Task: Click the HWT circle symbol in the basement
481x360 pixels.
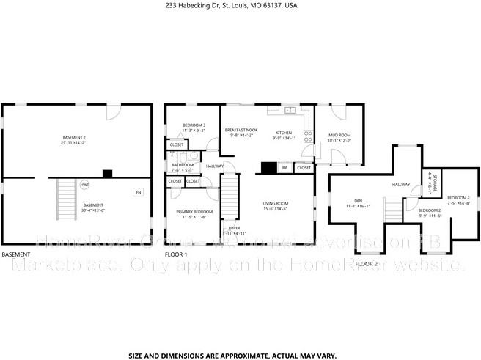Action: point(85,185)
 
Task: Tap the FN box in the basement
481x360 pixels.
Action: point(137,192)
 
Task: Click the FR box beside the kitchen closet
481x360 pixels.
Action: point(283,168)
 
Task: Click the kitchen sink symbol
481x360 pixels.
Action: point(290,111)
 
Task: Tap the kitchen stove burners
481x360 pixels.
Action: point(309,136)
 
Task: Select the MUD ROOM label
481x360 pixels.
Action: point(339,137)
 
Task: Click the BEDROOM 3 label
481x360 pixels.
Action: point(194,127)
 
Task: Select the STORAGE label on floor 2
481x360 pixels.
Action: point(434,183)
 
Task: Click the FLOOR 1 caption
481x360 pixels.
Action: point(176,254)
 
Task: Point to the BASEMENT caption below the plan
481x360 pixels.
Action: point(15,254)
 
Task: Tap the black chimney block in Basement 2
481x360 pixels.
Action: point(108,174)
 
